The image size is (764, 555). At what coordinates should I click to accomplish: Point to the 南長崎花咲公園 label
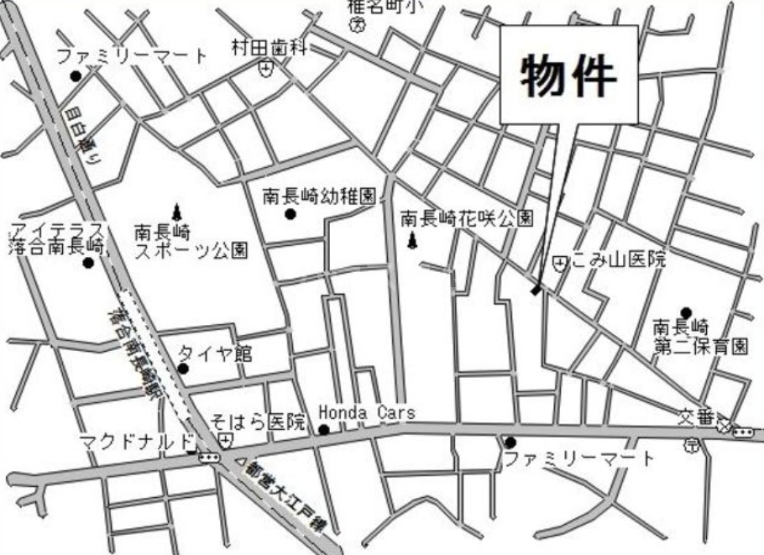(x=467, y=218)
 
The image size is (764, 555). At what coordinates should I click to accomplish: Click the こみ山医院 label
(x=619, y=261)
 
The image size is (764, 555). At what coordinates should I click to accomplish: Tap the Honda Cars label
(x=367, y=412)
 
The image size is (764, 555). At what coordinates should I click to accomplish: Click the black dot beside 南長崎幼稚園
(x=290, y=214)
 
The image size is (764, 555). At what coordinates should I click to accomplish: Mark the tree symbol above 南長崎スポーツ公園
(x=176, y=209)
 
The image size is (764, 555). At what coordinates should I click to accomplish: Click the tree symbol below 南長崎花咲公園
(x=412, y=243)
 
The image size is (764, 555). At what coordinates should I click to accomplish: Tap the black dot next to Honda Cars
(x=324, y=430)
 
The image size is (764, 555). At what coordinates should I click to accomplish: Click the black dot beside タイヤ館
(x=183, y=368)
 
